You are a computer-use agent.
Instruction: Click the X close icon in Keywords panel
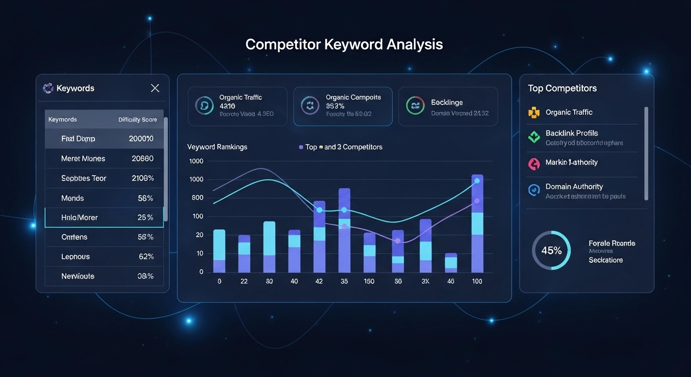tap(155, 88)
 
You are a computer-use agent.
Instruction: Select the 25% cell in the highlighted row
tap(145, 217)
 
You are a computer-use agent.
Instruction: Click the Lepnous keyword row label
tap(76, 257)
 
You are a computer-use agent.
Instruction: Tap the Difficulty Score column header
tap(138, 120)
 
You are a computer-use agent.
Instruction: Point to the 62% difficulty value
tap(146, 257)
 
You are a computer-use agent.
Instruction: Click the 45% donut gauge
tap(551, 250)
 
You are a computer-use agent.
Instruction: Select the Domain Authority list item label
tap(574, 187)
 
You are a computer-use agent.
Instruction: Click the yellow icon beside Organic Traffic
tap(533, 112)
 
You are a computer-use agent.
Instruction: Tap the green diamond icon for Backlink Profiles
tap(533, 137)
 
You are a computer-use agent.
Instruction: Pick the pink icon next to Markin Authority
tap(533, 163)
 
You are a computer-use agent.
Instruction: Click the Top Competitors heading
tap(562, 88)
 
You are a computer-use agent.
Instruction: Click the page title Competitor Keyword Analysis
tap(344, 45)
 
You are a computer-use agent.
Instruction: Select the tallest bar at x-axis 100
tap(477, 223)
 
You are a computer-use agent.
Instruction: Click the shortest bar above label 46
tap(451, 263)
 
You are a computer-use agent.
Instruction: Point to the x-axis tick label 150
tap(369, 281)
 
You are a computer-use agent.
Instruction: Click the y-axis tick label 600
tap(197, 198)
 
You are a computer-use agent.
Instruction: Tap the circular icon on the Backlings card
tap(415, 106)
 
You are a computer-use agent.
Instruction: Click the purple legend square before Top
tap(301, 147)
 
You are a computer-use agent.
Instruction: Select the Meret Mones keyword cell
tap(83, 159)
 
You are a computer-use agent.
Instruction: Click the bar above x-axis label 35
tap(344, 231)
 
